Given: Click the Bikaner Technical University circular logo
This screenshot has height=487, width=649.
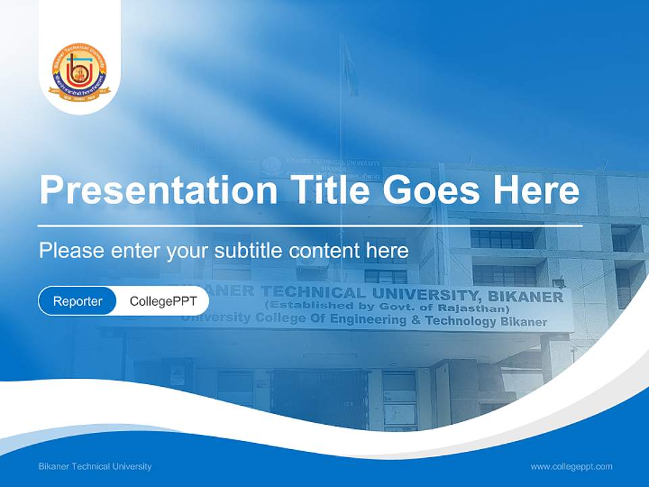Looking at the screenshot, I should coord(78,72).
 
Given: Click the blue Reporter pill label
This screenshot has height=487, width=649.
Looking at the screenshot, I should coord(78,301).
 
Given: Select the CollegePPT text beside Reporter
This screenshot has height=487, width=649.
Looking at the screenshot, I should coord(163,301).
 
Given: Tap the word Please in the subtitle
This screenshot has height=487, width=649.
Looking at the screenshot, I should coord(71,251).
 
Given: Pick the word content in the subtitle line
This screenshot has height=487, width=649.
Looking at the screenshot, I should coord(325,251).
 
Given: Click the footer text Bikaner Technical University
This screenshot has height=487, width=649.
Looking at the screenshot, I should coord(95,467).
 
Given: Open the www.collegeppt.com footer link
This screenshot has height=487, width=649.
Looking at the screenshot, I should coord(571,467).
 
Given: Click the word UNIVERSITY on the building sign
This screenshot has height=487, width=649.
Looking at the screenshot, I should coord(425,294).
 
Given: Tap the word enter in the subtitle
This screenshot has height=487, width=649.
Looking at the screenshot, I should coord(135,251).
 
